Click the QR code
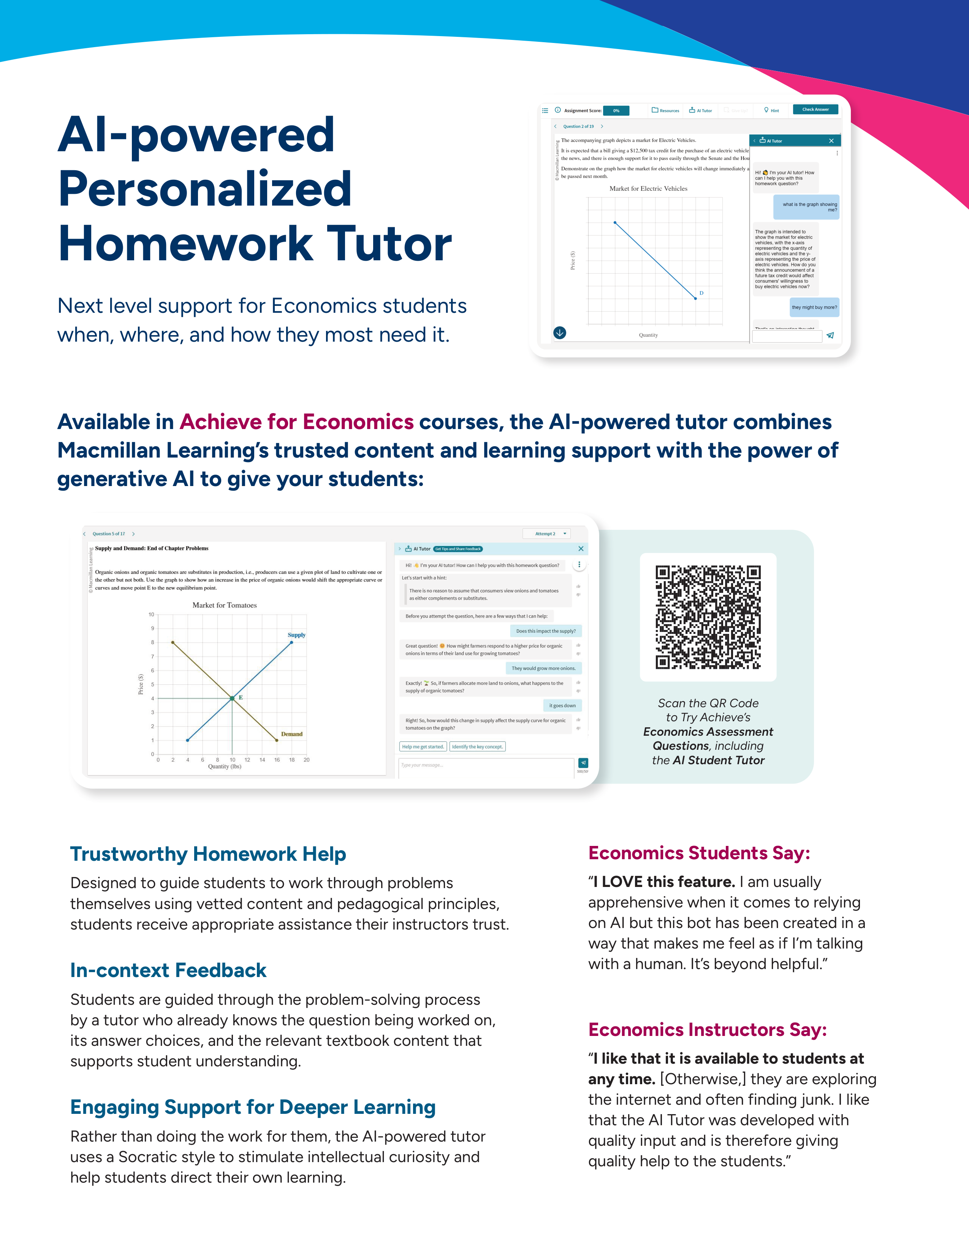pyautogui.click(x=708, y=617)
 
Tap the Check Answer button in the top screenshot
pyautogui.click(x=815, y=109)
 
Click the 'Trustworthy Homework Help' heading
pyautogui.click(x=208, y=854)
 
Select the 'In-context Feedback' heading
pyautogui.click(x=168, y=970)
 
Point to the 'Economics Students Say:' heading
pyautogui.click(x=699, y=853)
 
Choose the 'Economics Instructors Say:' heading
pyautogui.click(x=707, y=1029)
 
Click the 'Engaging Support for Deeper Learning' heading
pyautogui.click(x=253, y=1107)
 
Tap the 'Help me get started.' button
pyautogui.click(x=423, y=747)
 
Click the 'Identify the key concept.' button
pyautogui.click(x=477, y=747)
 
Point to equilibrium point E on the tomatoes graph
pyautogui.click(x=232, y=698)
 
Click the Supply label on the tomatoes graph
pyautogui.click(x=296, y=635)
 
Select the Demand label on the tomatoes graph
pyautogui.click(x=292, y=734)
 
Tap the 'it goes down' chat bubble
pyautogui.click(x=562, y=706)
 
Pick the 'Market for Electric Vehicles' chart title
pyautogui.click(x=648, y=188)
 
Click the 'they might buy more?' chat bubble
pyautogui.click(x=814, y=307)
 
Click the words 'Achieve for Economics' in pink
pyautogui.click(x=297, y=422)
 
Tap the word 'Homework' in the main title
pyautogui.click(x=185, y=243)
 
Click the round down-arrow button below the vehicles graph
pyautogui.click(x=560, y=333)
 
